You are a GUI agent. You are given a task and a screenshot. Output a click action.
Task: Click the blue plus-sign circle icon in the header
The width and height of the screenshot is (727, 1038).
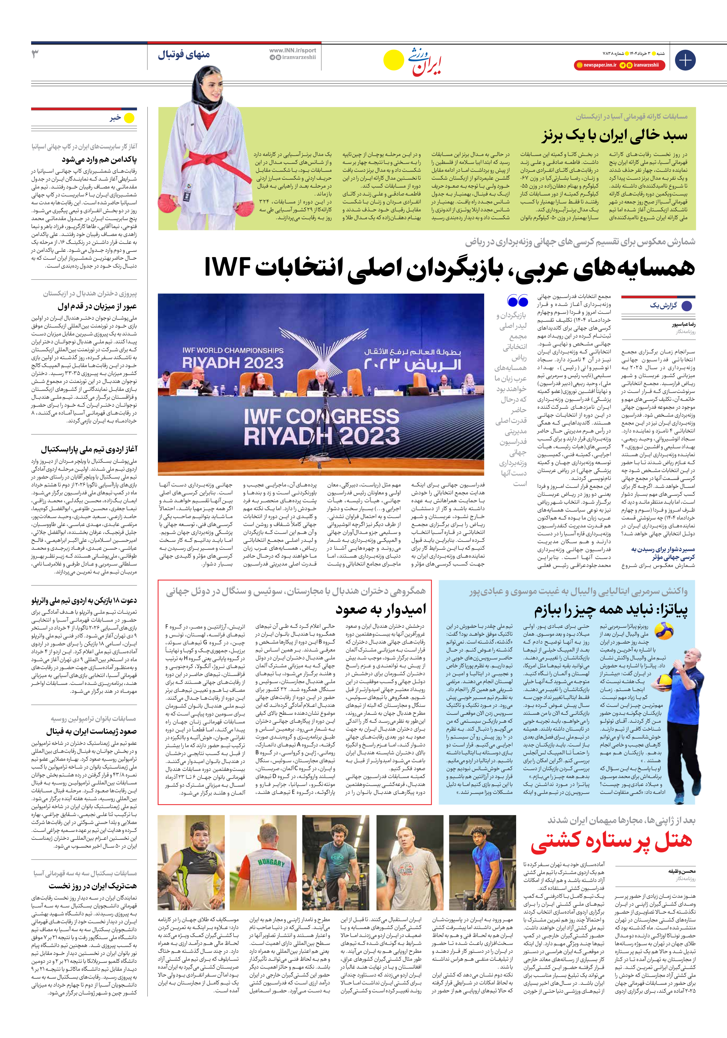685,60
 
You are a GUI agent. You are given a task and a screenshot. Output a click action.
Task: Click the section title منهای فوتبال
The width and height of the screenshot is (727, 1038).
184,55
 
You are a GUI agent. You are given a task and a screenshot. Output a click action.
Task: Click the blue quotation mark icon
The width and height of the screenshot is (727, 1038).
518,301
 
